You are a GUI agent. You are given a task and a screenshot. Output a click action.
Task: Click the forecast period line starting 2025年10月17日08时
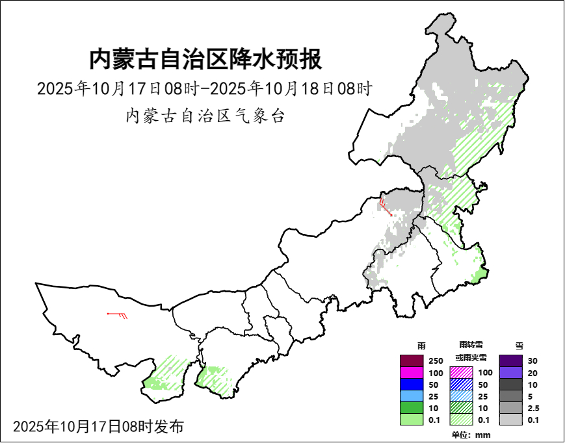204,88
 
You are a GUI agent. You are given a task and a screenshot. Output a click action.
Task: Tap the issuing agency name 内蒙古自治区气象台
205,116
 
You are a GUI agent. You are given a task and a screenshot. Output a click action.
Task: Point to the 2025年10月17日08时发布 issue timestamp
98,426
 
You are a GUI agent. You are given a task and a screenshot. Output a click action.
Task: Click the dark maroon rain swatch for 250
411,361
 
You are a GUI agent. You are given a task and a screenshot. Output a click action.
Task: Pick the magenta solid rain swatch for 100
411,373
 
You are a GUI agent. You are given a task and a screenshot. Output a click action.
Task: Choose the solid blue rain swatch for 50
411,385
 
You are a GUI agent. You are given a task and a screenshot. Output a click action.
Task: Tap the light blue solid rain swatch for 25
411,396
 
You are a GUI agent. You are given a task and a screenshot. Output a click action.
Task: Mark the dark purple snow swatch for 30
510,361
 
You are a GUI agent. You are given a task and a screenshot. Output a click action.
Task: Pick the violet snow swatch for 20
510,373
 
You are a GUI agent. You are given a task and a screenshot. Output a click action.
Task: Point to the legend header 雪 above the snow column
518,346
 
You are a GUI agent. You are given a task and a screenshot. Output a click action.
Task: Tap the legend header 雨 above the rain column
421,346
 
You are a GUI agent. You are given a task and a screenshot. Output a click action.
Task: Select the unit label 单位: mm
470,435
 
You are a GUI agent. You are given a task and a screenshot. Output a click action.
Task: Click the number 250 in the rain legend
436,361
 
